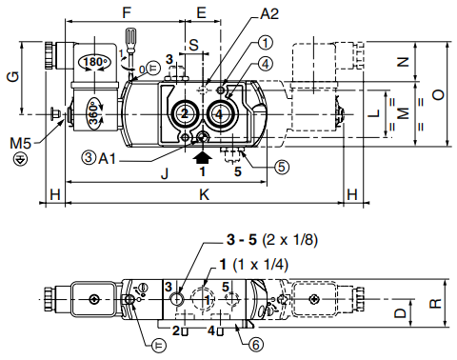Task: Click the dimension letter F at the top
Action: [127, 12]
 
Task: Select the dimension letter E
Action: [202, 12]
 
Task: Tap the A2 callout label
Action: [269, 14]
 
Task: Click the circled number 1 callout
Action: [266, 43]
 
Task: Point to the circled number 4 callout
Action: [266, 64]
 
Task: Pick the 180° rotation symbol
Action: [94, 62]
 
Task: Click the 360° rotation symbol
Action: [95, 112]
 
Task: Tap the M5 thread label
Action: [21, 144]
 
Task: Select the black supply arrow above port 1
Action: [203, 157]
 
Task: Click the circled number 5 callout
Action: [282, 167]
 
